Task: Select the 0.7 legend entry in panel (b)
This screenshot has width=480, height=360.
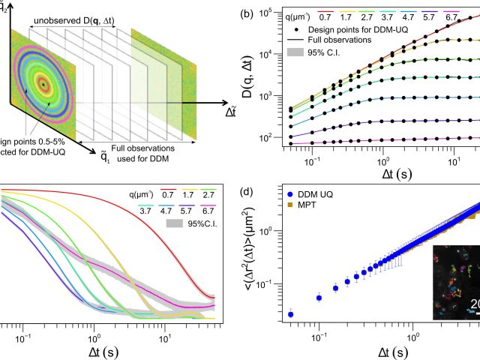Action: coord(325,15)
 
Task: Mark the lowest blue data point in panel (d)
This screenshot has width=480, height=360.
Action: coord(291,314)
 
